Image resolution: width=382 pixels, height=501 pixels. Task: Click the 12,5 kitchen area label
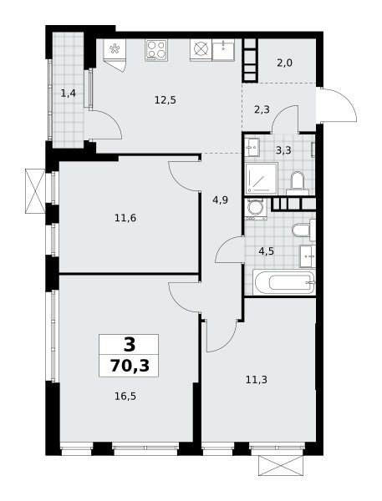(x=165, y=100)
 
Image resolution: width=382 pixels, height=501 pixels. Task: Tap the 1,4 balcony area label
(x=69, y=94)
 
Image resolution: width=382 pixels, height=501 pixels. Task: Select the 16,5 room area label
(x=125, y=397)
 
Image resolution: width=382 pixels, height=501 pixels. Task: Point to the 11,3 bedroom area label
(x=257, y=380)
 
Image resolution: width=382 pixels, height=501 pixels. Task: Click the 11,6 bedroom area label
(x=125, y=218)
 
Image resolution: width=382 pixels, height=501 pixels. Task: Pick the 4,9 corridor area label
(x=221, y=200)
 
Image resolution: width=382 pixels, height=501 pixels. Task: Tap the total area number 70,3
(x=130, y=366)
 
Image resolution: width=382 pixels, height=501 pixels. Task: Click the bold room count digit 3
(x=130, y=344)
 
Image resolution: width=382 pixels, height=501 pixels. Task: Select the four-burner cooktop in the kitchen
(x=156, y=50)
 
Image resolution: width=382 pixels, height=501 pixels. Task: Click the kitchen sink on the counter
(x=223, y=50)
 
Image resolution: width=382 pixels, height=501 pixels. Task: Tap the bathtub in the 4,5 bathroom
(x=284, y=282)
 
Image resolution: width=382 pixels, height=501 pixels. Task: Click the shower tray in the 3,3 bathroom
(x=262, y=179)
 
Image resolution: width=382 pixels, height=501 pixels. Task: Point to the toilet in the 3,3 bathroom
(x=298, y=183)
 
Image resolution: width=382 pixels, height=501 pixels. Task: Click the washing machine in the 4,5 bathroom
(x=256, y=209)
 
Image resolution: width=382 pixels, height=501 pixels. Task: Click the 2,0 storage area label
(x=284, y=63)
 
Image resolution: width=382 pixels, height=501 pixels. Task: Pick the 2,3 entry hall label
(x=262, y=109)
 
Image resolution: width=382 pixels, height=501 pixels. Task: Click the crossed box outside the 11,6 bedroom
(x=35, y=191)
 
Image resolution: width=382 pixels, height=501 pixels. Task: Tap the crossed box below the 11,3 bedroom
(x=281, y=466)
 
